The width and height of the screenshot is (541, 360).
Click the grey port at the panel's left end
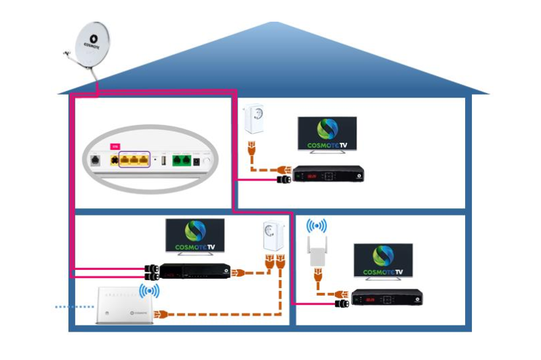[x=96, y=161]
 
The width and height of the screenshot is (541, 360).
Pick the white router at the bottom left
[x=123, y=306]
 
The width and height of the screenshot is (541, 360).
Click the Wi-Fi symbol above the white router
[x=149, y=292]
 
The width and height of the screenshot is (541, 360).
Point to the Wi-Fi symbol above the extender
[x=316, y=227]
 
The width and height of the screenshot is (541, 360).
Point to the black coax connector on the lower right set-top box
[x=342, y=304]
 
